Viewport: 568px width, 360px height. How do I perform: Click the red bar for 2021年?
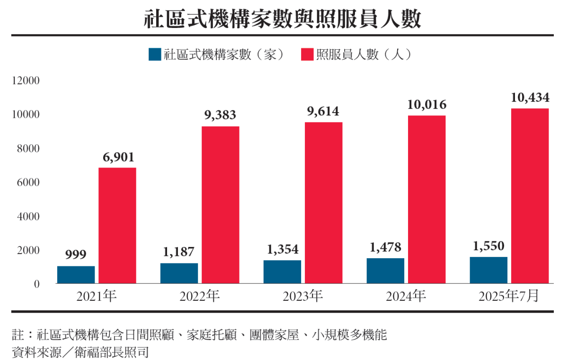[x=117, y=226]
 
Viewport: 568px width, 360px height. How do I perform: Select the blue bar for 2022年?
[x=179, y=273]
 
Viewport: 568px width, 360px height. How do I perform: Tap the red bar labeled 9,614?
[x=323, y=202]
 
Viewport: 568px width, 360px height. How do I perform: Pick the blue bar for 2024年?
[x=385, y=271]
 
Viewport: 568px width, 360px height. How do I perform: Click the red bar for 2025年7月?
[x=530, y=196]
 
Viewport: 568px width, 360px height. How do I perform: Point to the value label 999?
[x=76, y=255]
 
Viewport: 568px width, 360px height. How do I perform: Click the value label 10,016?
[x=426, y=105]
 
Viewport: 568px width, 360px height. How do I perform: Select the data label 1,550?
[x=488, y=246]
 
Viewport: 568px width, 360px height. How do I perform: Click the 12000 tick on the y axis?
[x=27, y=81]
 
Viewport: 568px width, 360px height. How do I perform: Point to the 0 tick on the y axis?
[x=36, y=284]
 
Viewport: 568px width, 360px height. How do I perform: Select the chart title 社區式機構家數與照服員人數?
[x=283, y=20]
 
